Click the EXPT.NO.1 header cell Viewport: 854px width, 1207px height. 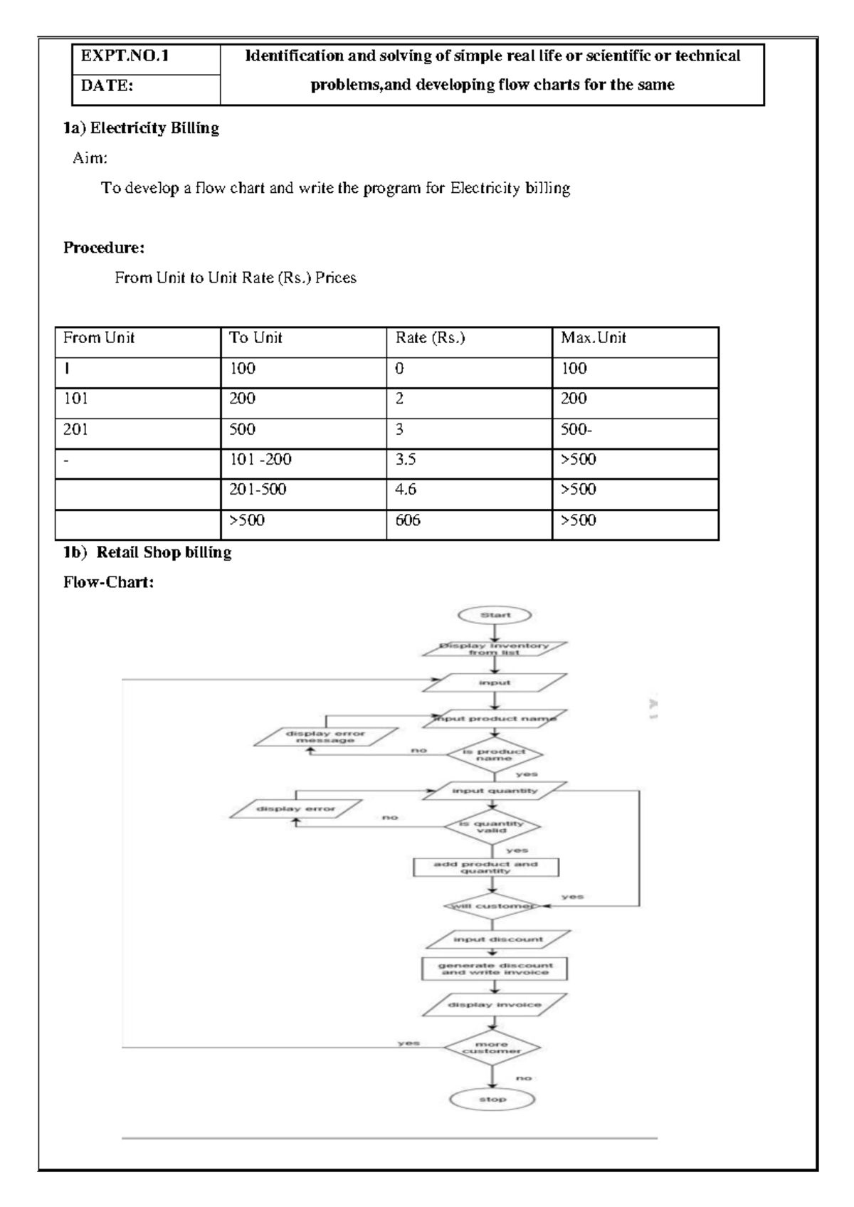point(146,57)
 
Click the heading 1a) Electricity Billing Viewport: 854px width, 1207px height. point(141,128)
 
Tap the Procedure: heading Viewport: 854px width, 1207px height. point(104,248)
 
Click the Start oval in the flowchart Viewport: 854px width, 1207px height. point(495,615)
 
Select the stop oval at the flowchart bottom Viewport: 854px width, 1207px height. point(492,1100)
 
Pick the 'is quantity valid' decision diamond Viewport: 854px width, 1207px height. point(492,826)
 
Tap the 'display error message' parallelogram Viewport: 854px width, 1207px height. point(325,737)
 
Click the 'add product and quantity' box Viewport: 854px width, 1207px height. point(486,867)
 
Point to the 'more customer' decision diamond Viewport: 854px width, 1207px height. point(492,1048)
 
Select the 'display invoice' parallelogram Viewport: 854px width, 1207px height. point(495,1005)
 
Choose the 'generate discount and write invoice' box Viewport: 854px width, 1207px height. point(495,969)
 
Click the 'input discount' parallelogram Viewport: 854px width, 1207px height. point(497,939)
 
